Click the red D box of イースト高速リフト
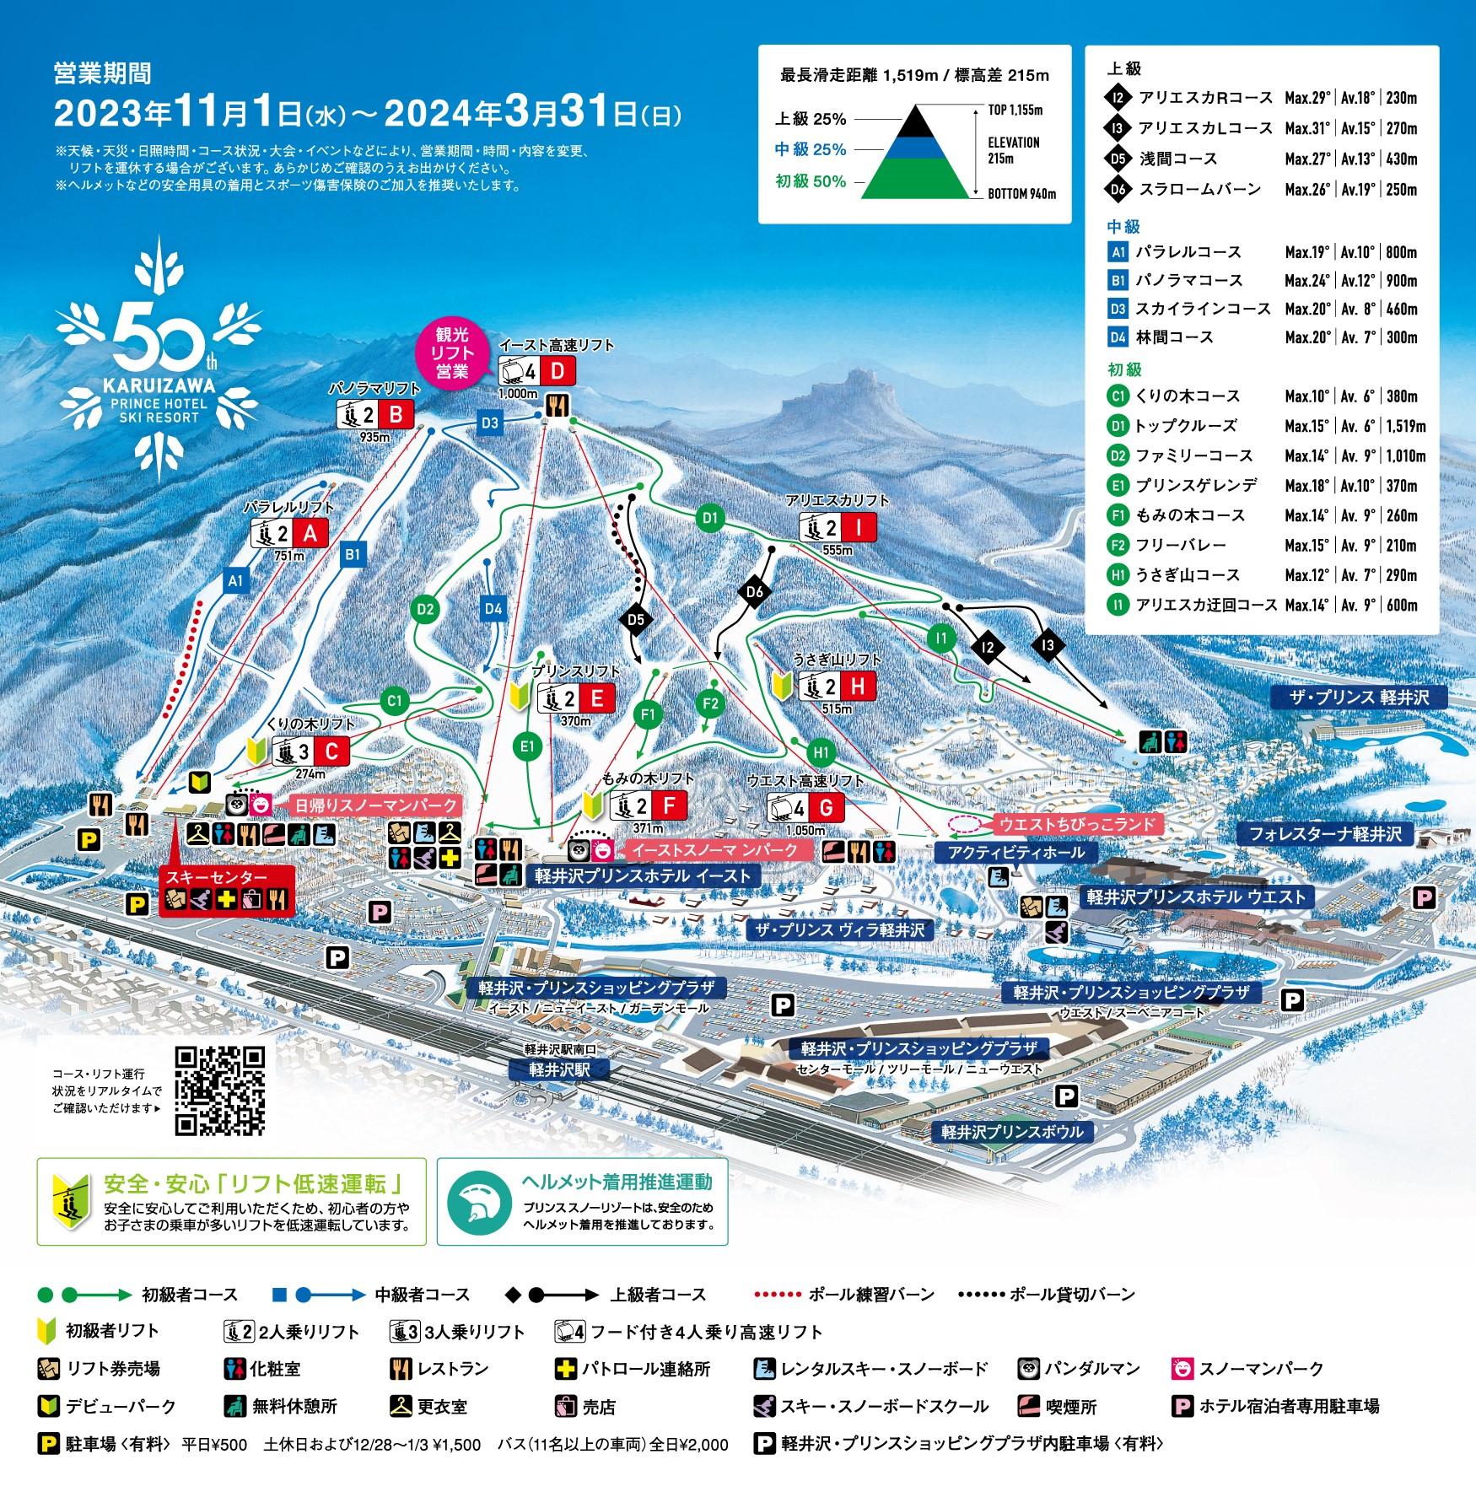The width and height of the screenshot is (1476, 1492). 558,371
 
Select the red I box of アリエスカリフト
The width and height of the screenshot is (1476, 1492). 859,527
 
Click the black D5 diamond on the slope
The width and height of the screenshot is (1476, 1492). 636,620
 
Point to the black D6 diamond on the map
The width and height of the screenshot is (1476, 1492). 754,592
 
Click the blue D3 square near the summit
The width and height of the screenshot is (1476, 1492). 490,423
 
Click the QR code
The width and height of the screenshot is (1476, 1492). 219,1090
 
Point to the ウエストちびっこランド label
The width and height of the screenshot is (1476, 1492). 1075,823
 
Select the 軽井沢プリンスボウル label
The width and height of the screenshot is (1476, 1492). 1012,1131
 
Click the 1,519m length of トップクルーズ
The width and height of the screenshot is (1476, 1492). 1404,426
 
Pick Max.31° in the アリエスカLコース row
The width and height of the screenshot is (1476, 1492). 1307,128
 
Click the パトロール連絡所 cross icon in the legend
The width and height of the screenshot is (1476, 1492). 564,1368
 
